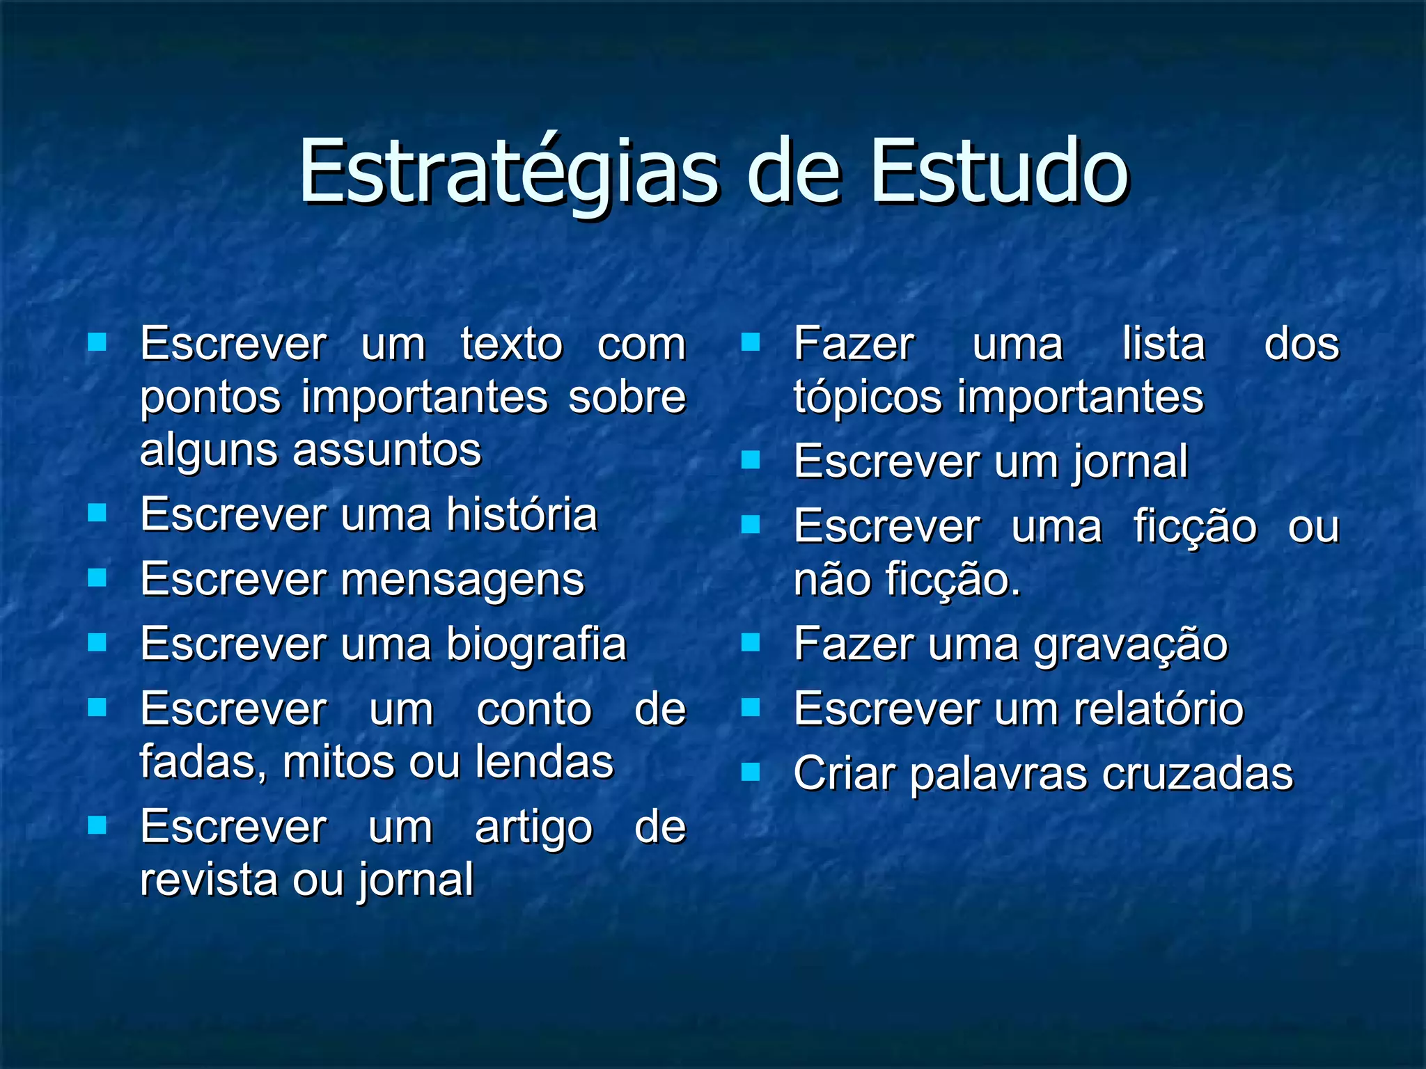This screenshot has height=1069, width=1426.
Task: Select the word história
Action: [522, 514]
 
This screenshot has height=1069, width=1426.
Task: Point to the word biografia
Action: [536, 644]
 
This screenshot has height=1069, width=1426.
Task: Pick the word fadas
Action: [203, 761]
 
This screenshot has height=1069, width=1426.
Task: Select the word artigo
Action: [533, 829]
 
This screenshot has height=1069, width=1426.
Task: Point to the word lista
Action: [1163, 344]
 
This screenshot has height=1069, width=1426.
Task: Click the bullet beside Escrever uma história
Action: [97, 513]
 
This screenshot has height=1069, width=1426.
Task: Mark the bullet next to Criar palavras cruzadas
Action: [750, 772]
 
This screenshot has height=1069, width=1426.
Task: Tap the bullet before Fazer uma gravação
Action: [750, 642]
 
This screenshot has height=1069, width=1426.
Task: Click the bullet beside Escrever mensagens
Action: [97, 578]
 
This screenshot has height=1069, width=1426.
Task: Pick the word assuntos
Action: [387, 450]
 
